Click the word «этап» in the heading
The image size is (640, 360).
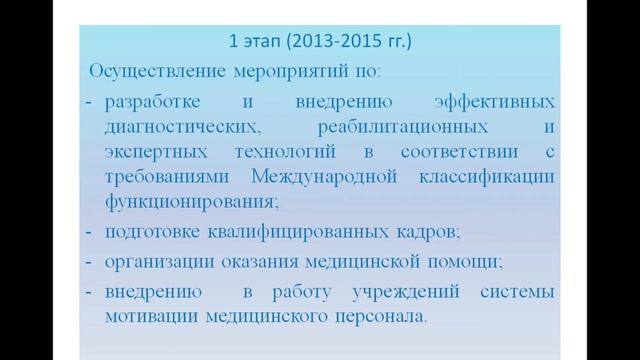(263, 43)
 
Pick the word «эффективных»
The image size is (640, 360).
(495, 103)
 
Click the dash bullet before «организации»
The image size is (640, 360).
(87, 263)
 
